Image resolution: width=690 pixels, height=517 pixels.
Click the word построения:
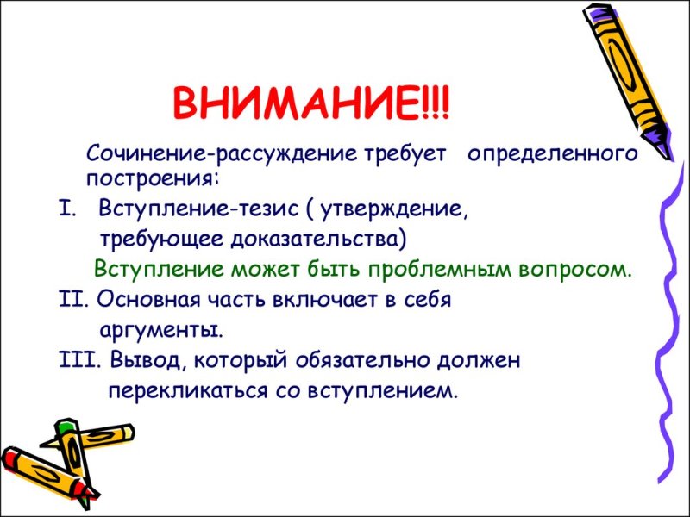tap(153, 178)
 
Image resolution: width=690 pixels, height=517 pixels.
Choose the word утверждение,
tap(411, 209)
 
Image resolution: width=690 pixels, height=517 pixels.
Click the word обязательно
tap(373, 360)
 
